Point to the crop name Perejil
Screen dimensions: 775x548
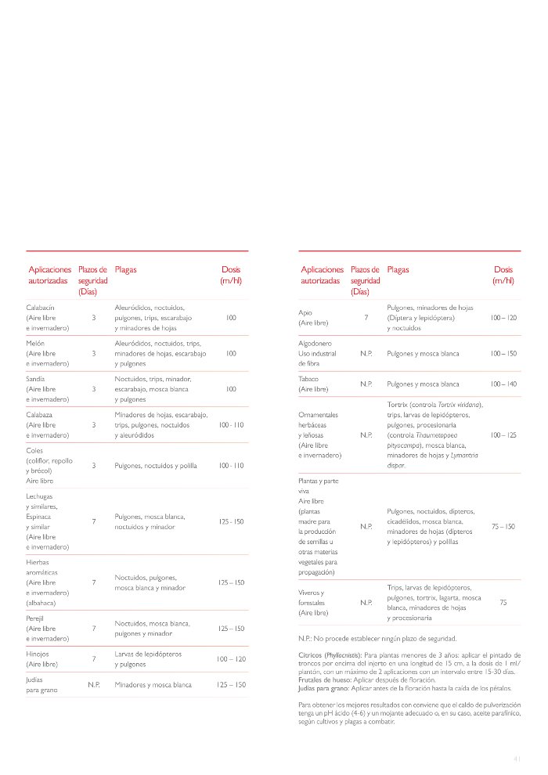(37, 618)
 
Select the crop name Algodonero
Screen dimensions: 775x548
(315, 343)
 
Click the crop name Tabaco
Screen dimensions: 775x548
(309, 378)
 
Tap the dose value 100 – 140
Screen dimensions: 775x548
(503, 384)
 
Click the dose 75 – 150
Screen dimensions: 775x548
(503, 527)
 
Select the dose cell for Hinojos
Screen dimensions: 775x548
(231, 659)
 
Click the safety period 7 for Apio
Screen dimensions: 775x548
(366, 318)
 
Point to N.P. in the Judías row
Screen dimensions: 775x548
(94, 684)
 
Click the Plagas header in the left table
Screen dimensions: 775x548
(125, 269)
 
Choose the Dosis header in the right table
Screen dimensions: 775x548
(503, 269)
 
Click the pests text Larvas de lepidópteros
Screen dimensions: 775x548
(148, 654)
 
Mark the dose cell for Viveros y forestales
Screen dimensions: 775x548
(503, 603)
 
